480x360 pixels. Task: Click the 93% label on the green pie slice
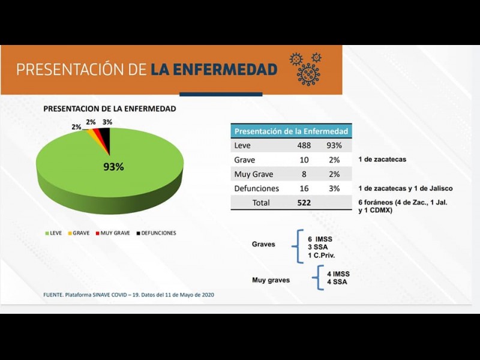pyautogui.click(x=113, y=167)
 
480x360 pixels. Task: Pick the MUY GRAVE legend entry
pyautogui.click(x=114, y=233)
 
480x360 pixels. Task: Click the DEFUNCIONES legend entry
pyautogui.click(x=156, y=233)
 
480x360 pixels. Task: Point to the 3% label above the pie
pyautogui.click(x=107, y=122)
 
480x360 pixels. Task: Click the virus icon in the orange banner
pyautogui.click(x=308, y=69)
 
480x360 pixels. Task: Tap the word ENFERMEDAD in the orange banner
pyautogui.click(x=214, y=70)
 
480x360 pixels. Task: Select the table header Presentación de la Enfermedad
pyautogui.click(x=291, y=131)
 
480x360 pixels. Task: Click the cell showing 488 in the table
pyautogui.click(x=304, y=145)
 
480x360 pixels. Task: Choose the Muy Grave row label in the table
pyautogui.click(x=254, y=174)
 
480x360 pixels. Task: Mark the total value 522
pyautogui.click(x=304, y=203)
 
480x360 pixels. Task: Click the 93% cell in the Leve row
pyautogui.click(x=334, y=145)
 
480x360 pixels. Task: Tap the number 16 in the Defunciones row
pyautogui.click(x=304, y=188)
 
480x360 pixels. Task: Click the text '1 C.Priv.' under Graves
pyautogui.click(x=322, y=256)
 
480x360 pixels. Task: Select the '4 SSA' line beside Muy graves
pyautogui.click(x=337, y=282)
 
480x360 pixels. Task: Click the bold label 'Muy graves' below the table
pyautogui.click(x=271, y=280)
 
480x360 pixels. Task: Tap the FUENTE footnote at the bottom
pyautogui.click(x=129, y=295)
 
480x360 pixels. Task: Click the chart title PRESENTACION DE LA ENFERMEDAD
pyautogui.click(x=110, y=109)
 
